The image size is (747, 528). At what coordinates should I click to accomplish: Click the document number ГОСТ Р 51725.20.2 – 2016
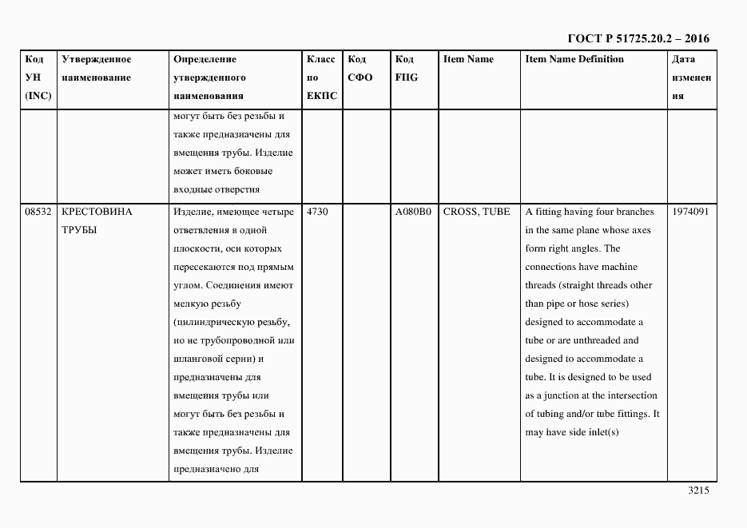point(638,38)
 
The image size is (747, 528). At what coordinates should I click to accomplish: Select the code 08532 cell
point(38,212)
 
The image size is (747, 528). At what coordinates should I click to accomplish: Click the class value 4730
point(317,212)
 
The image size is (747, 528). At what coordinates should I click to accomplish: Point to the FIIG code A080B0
point(413,212)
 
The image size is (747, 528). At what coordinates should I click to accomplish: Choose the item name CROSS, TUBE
point(476,212)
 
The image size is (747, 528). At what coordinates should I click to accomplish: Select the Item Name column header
point(468,59)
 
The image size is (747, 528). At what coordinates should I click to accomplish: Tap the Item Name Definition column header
point(574,59)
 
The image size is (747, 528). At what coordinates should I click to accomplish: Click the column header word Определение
point(205,59)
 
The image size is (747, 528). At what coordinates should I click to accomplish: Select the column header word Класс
point(320,59)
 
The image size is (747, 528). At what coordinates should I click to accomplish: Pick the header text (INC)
point(38,96)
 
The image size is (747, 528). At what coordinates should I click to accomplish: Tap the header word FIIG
point(407,77)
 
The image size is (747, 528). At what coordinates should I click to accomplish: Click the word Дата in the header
point(683,59)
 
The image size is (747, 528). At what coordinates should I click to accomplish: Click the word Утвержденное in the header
point(97,59)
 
